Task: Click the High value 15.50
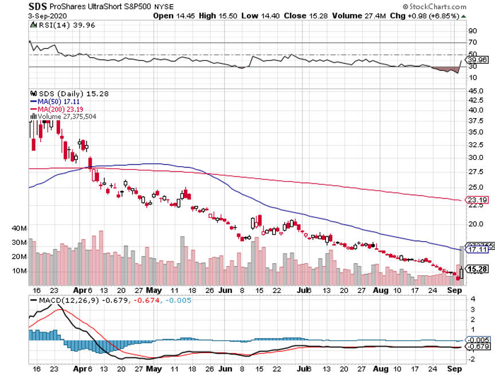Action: coord(217,15)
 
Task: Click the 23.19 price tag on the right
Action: coord(477,200)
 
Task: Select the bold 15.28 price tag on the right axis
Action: coord(478,269)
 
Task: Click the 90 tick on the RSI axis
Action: coord(473,30)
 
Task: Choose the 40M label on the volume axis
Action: coord(19,228)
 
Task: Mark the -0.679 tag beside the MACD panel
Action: coord(477,347)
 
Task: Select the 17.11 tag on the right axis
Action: coord(477,250)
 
